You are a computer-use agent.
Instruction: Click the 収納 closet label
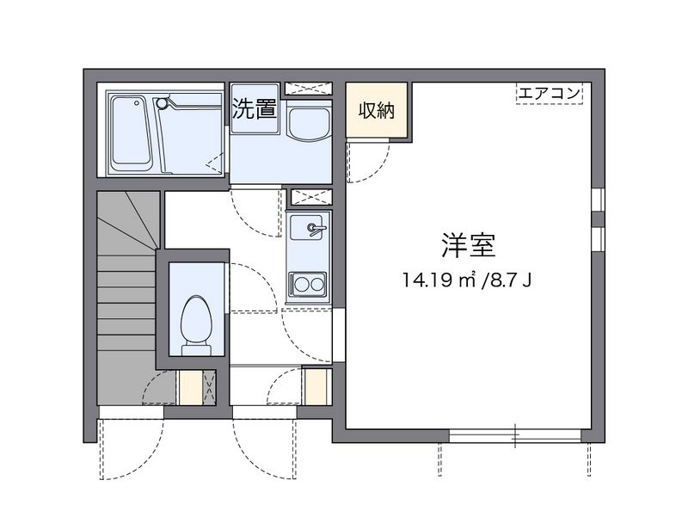click(377, 110)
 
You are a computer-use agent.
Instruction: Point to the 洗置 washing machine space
click(255, 109)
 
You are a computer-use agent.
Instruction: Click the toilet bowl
click(197, 324)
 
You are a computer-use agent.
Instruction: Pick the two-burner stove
click(307, 281)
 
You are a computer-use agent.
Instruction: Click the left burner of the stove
click(299, 281)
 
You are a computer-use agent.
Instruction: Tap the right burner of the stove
click(316, 281)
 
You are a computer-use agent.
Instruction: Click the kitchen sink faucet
click(311, 228)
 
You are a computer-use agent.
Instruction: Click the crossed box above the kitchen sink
click(307, 196)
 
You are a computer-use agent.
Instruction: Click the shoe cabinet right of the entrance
click(316, 386)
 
